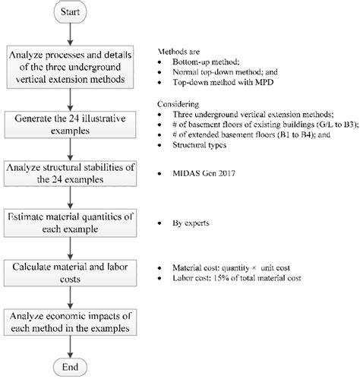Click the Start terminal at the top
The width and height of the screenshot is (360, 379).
[x=72, y=13]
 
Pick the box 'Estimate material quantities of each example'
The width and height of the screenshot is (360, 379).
[x=72, y=225]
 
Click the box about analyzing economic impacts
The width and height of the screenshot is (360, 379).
[x=72, y=322]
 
